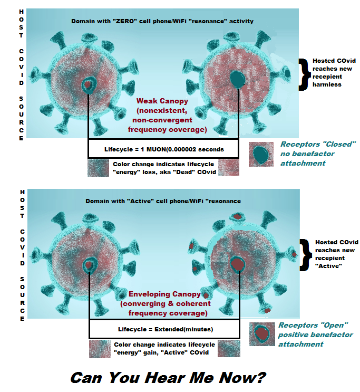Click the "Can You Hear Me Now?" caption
(168, 377)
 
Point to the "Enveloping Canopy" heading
(164, 294)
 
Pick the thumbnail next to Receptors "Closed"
(260, 154)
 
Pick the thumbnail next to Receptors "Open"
(261, 333)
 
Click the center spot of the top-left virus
(88, 84)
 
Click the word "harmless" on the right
(328, 84)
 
